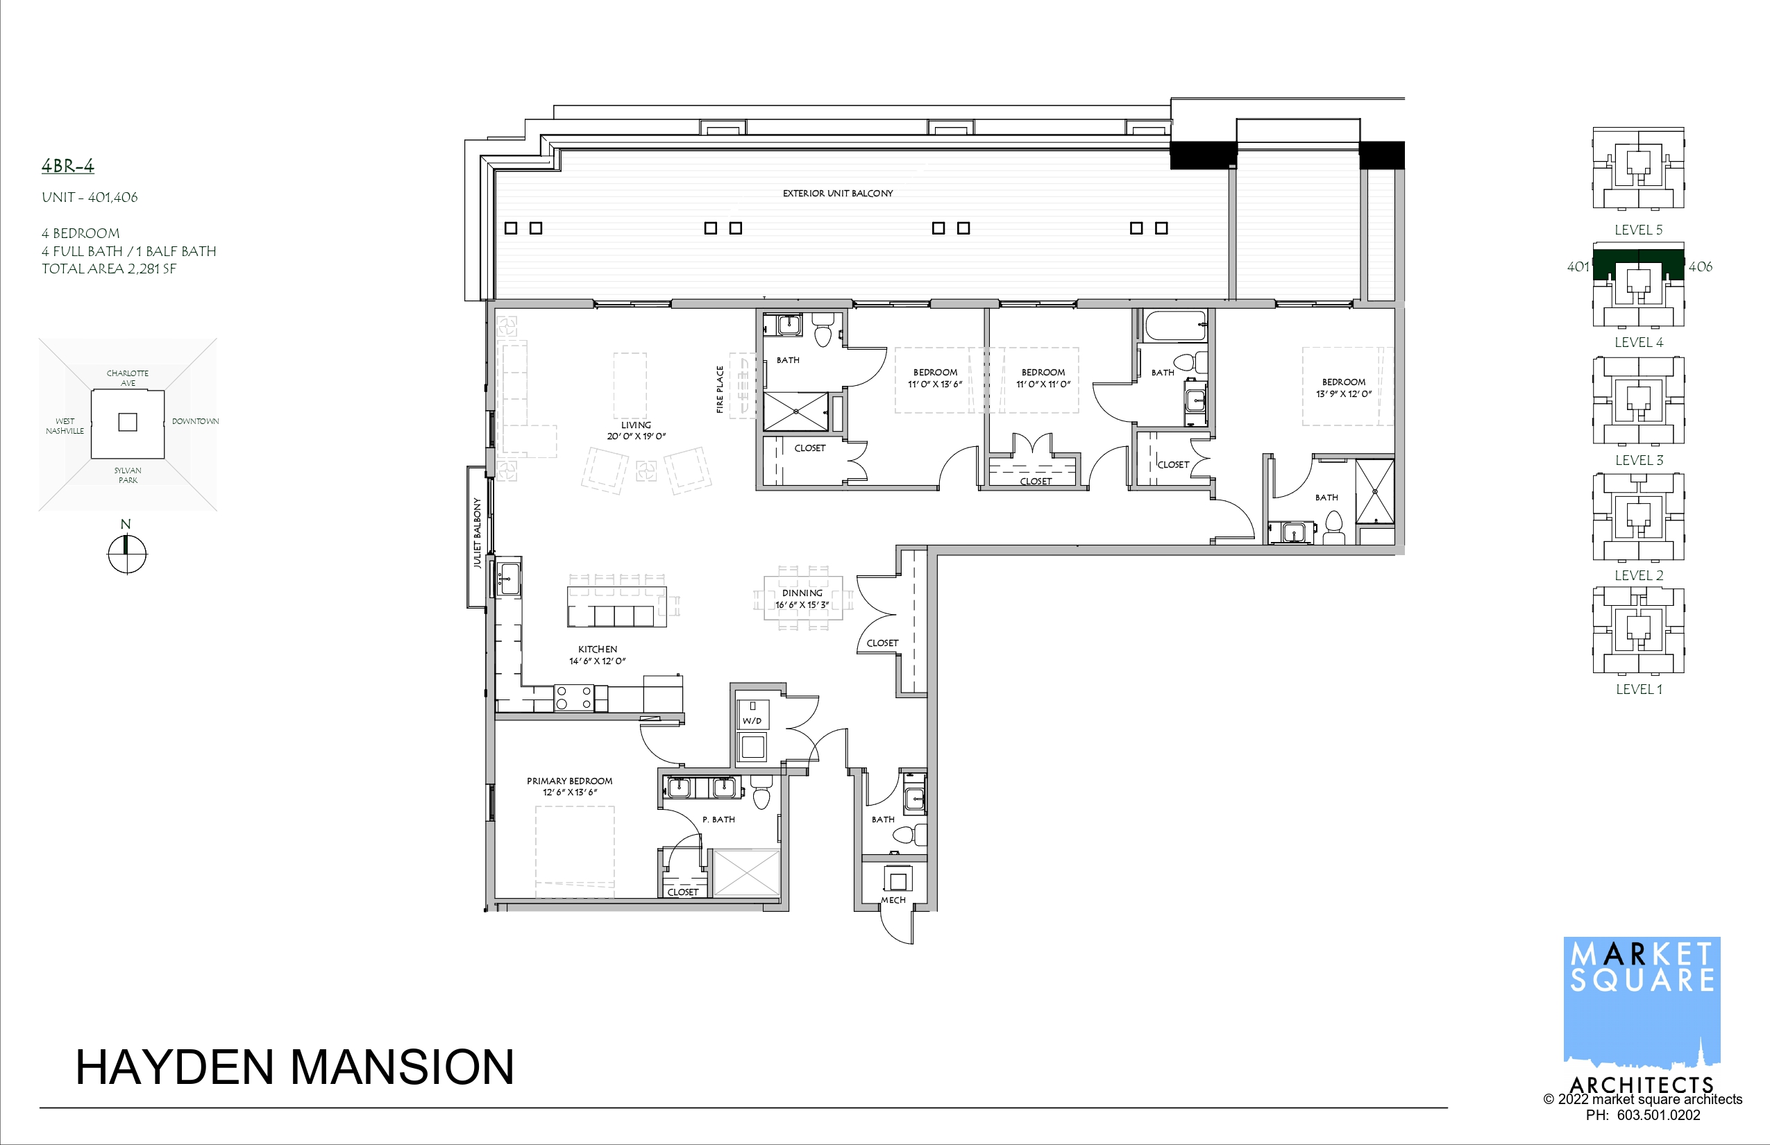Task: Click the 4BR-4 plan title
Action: pos(68,166)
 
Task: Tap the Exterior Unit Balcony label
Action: pos(837,194)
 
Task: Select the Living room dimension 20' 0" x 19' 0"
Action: pos(636,436)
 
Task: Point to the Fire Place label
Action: pos(719,389)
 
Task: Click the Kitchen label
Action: pos(597,649)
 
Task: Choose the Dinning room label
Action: pos(802,593)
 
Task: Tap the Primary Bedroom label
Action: pos(570,781)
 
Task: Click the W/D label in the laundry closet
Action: pos(752,720)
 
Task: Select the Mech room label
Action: pos(893,899)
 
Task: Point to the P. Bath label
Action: pos(718,820)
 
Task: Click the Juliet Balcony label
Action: pos(477,532)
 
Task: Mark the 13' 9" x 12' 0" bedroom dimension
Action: pos(1343,394)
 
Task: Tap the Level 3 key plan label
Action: pos(1638,460)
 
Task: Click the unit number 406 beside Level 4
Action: pos(1700,266)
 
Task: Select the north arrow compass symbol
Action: pos(127,554)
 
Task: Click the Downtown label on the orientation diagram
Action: pos(195,421)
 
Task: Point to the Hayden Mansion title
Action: pos(294,1067)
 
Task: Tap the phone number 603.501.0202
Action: pos(1658,1115)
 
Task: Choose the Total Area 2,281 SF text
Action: pos(108,269)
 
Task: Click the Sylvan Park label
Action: pos(128,475)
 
